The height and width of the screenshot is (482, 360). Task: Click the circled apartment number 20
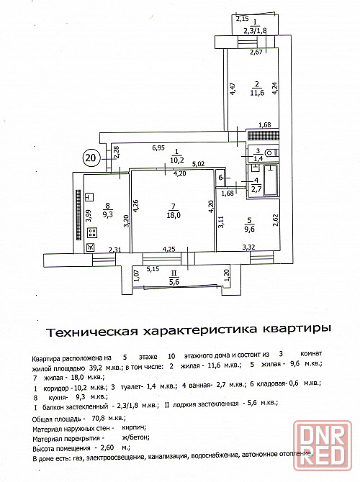[x=90, y=158]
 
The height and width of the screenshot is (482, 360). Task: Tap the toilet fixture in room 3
[x=271, y=153]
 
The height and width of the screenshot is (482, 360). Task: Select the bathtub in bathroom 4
[x=271, y=181]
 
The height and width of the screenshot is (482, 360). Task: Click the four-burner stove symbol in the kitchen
[x=92, y=232]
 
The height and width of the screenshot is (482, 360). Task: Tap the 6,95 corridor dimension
[x=158, y=148]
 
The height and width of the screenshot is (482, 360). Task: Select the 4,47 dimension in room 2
[x=233, y=88]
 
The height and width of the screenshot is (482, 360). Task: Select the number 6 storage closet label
[x=220, y=178]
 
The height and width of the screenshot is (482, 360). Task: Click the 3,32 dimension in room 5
[x=248, y=247]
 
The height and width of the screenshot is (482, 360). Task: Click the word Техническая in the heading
[x=91, y=332]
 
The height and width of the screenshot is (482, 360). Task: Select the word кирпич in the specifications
[x=134, y=427]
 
